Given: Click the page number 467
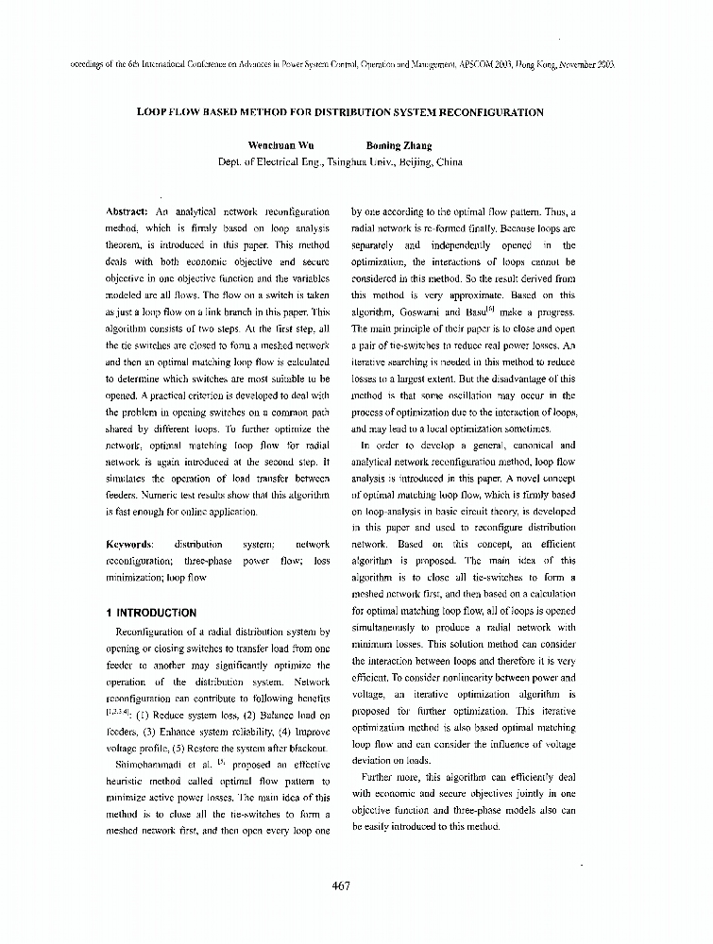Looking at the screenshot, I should pos(342,885).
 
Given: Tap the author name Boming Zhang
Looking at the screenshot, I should pos(399,145).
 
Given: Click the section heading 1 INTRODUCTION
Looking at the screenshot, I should pos(151,613).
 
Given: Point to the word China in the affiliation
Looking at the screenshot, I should pos(449,161).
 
